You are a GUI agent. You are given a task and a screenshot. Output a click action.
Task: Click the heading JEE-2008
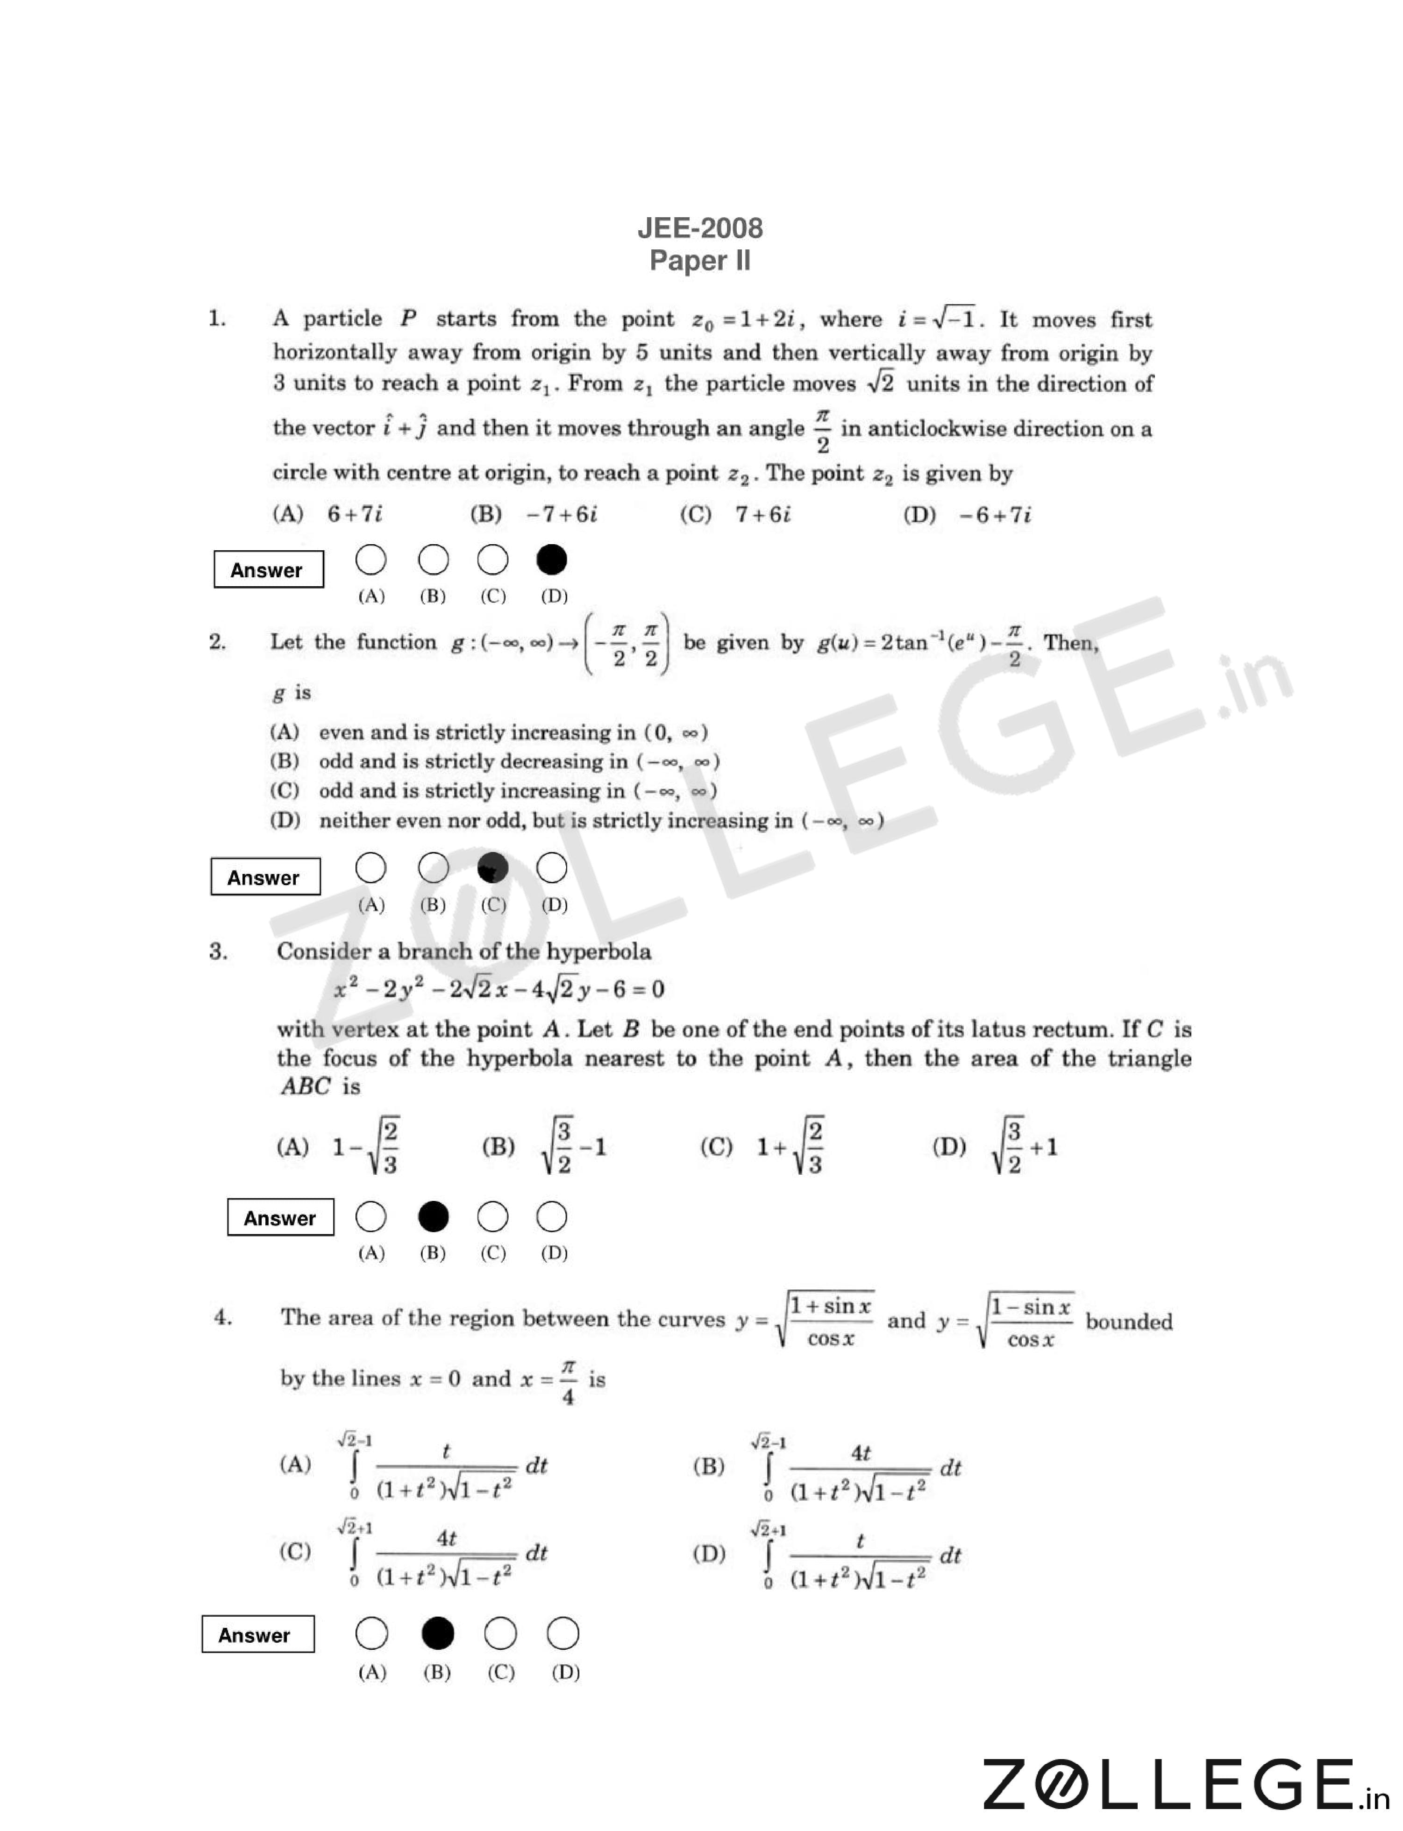click(x=700, y=228)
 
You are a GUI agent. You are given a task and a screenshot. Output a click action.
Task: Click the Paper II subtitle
click(x=700, y=261)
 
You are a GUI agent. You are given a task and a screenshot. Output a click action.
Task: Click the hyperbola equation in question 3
click(x=499, y=989)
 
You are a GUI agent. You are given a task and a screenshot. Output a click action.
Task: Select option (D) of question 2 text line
click(x=576, y=821)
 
